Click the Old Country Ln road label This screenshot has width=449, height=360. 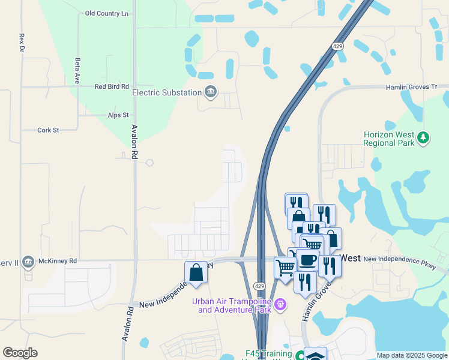point(107,13)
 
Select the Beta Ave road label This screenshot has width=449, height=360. point(77,64)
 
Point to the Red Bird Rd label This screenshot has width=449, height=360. point(112,86)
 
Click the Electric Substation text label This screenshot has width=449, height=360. point(167,92)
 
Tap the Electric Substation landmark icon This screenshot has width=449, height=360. point(210,92)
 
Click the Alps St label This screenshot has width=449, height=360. point(118,115)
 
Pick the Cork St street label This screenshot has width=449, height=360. point(48,130)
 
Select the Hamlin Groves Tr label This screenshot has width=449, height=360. point(411,87)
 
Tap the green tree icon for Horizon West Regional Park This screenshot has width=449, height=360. point(424,138)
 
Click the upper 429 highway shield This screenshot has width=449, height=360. point(338,46)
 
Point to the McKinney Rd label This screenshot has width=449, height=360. point(56,261)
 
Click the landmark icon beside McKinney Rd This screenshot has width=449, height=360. point(28,262)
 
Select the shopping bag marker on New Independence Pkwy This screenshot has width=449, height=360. point(196,272)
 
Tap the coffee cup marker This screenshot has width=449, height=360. point(307,260)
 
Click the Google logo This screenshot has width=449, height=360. point(20,353)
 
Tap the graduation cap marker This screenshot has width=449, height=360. point(315,355)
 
